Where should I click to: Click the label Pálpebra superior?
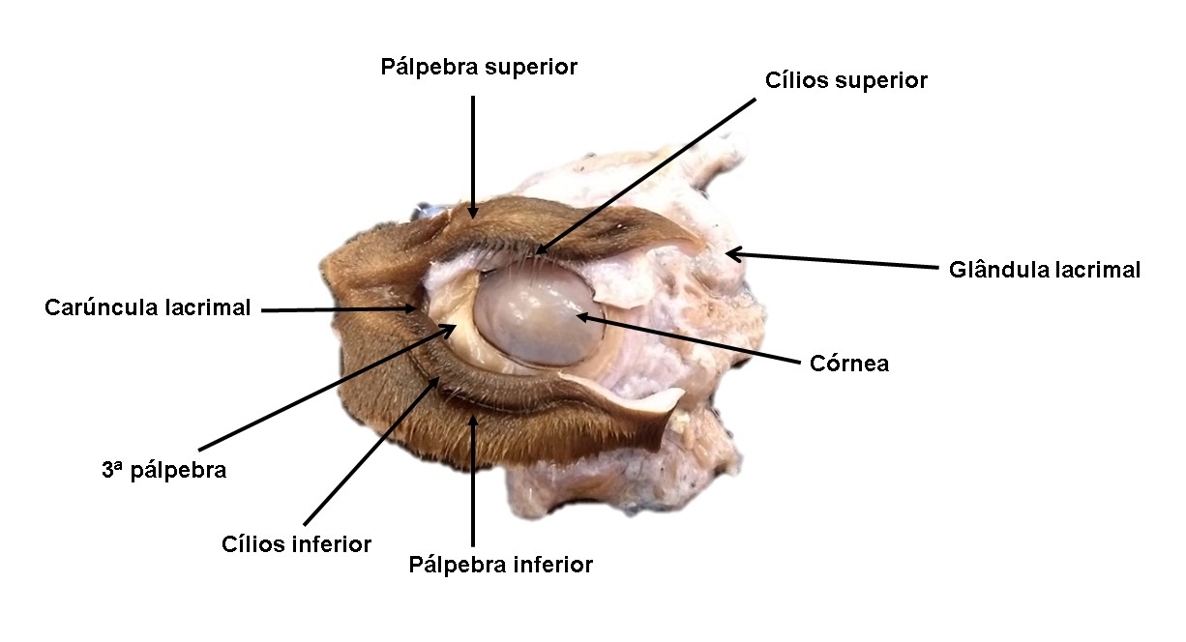click(x=479, y=68)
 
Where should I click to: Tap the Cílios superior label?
click(x=846, y=80)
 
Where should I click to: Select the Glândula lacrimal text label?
click(x=1044, y=270)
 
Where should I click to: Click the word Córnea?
click(x=849, y=364)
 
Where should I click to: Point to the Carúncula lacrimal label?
click(x=147, y=307)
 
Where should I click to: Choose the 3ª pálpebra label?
click(x=164, y=470)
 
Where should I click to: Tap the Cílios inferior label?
click(x=296, y=544)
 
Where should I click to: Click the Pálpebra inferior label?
click(x=500, y=565)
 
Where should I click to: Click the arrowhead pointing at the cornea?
click(x=581, y=316)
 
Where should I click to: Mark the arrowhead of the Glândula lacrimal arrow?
click(x=731, y=254)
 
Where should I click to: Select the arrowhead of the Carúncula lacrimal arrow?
click(x=411, y=308)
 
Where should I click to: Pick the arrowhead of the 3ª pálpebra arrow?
click(x=451, y=329)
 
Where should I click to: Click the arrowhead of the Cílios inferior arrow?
click(x=435, y=381)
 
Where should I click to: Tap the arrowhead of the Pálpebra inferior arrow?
click(x=473, y=420)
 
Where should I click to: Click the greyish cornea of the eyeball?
click(x=539, y=316)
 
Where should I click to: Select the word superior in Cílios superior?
click(x=881, y=81)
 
